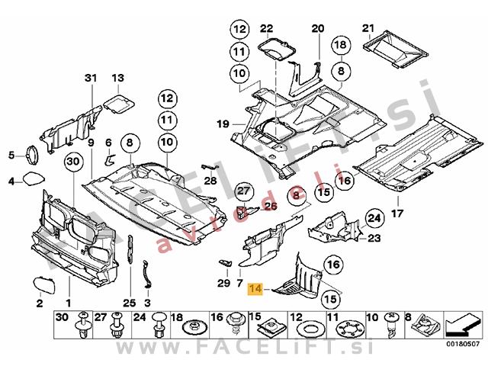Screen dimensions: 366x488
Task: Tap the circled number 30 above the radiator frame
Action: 72,162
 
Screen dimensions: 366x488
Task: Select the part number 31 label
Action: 91,79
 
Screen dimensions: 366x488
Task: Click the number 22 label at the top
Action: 265,29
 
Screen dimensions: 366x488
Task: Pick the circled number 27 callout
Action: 243,191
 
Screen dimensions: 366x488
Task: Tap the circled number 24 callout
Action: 373,220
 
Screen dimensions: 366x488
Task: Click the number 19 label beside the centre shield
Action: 223,124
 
